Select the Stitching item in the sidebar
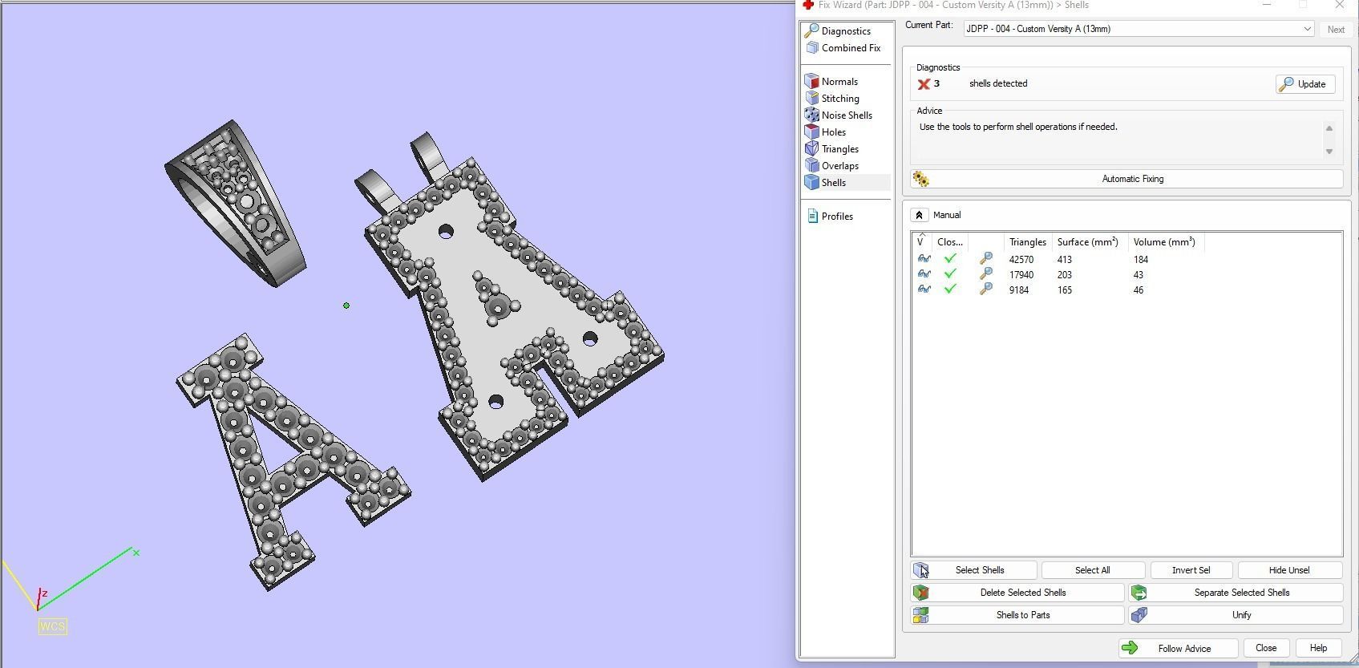point(839,99)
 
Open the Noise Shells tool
point(846,115)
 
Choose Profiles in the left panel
point(836,217)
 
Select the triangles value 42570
point(1021,260)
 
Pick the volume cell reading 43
point(1139,275)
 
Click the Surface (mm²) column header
point(1086,242)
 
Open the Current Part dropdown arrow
point(1307,29)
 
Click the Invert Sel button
point(1191,570)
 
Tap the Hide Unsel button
point(1288,570)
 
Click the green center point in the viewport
point(346,306)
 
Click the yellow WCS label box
point(52,626)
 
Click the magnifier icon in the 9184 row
point(986,289)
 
